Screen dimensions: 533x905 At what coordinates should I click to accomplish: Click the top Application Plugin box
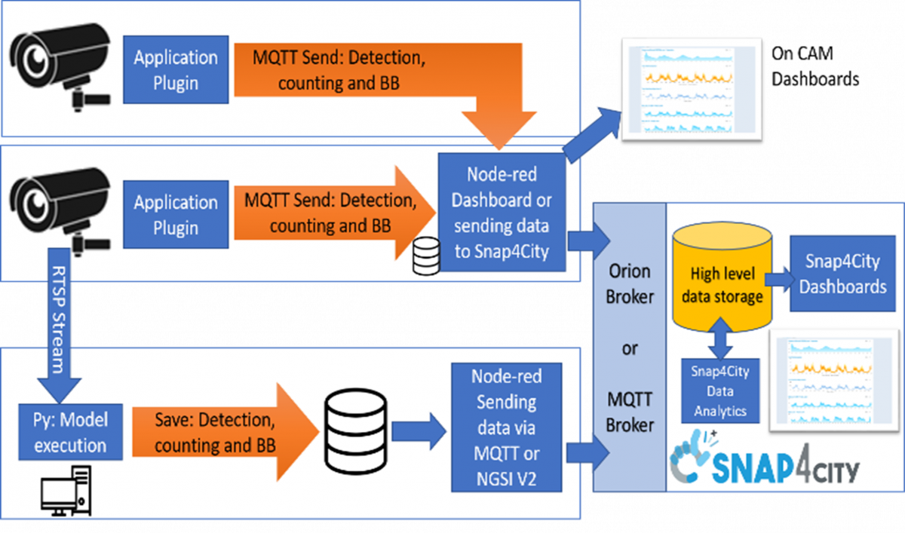click(x=176, y=70)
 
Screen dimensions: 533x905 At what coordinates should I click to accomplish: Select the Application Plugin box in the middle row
click(x=176, y=215)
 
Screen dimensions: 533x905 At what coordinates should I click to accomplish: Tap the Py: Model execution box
click(x=64, y=433)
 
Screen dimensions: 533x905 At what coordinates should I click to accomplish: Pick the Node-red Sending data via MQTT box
click(x=507, y=428)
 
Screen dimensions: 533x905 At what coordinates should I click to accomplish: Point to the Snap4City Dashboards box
click(x=842, y=274)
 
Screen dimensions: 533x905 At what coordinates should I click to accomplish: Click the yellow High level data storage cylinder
click(x=722, y=286)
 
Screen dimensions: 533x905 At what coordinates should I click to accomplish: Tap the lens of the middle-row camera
click(x=32, y=202)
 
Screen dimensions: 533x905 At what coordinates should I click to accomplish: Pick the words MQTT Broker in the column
click(x=630, y=411)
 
